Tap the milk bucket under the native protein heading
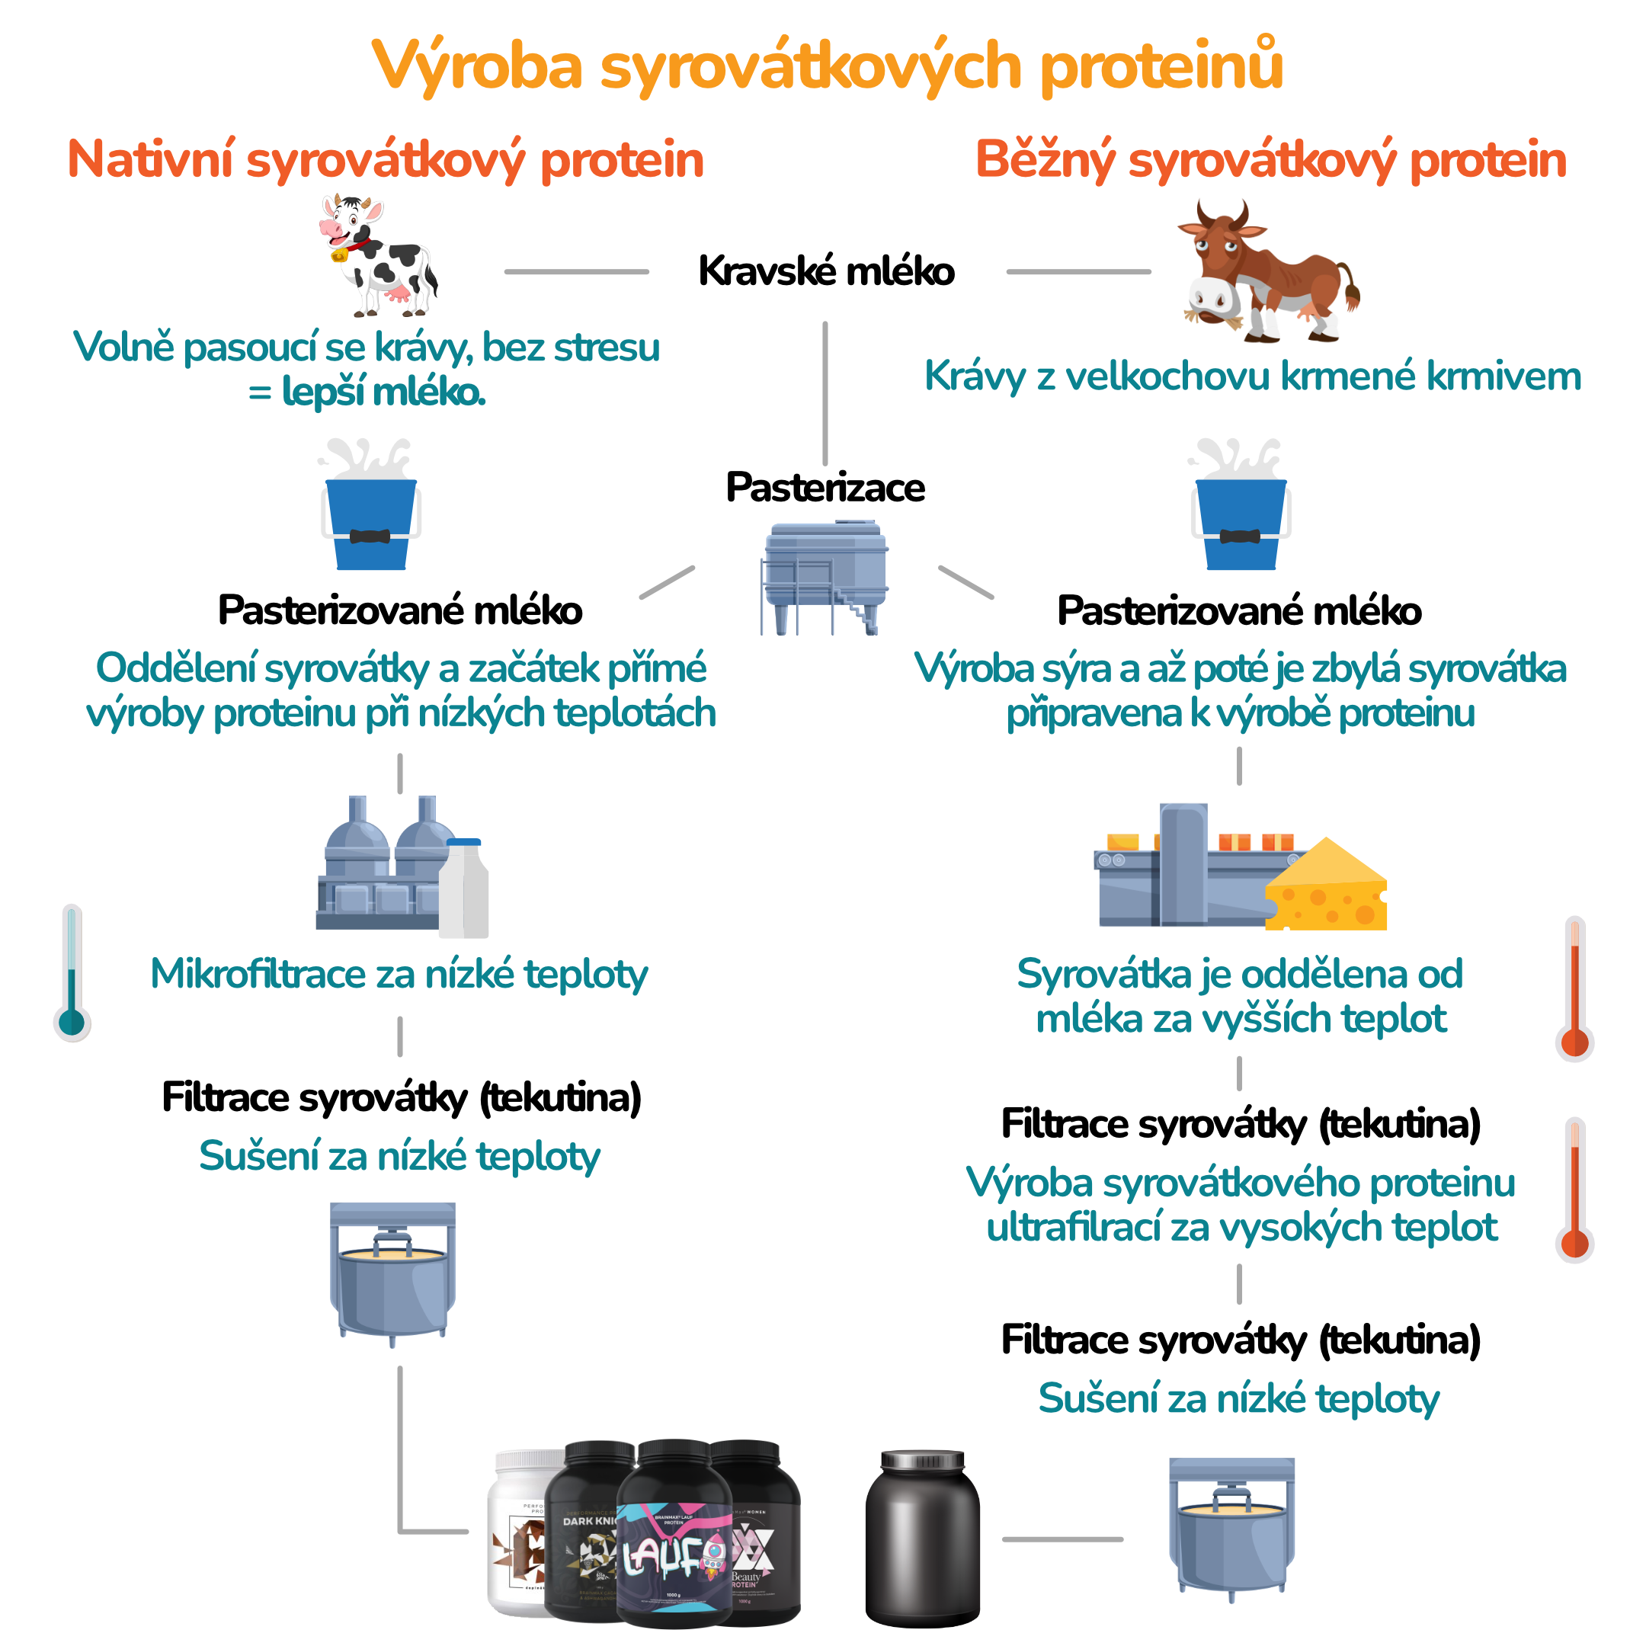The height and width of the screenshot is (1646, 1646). pyautogui.click(x=371, y=511)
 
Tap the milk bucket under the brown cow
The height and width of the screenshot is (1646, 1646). pyautogui.click(x=1241, y=511)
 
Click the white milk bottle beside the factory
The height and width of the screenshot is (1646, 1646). pyautogui.click(x=463, y=890)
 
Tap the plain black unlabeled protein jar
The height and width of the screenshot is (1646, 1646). pyautogui.click(x=922, y=1538)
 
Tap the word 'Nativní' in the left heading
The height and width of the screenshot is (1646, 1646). pyautogui.click(x=150, y=160)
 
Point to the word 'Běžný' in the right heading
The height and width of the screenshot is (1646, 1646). pyautogui.click(x=1045, y=160)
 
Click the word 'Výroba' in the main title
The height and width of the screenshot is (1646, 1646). pyautogui.click(x=478, y=66)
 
